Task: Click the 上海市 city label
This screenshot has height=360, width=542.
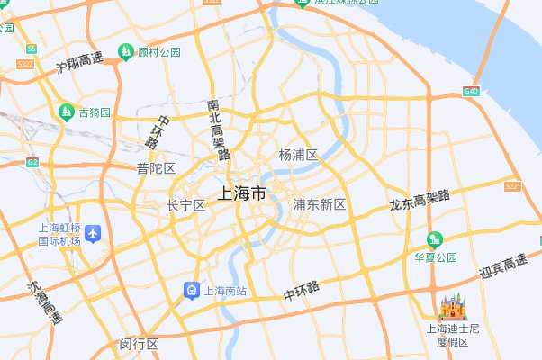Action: [242, 193]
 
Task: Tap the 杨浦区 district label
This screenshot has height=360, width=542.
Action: [298, 155]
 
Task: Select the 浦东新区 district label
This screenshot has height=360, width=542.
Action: [320, 205]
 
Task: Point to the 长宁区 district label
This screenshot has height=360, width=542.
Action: [186, 206]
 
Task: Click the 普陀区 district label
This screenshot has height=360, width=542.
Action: [156, 168]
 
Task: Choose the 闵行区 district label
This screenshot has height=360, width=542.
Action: [139, 344]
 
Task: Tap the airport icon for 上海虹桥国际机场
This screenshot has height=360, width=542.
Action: [93, 234]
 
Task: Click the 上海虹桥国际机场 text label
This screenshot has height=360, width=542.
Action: [59, 234]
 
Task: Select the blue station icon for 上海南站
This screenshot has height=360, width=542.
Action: [192, 291]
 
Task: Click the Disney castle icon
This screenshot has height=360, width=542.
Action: [451, 307]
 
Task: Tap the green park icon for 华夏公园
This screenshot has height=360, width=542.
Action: [435, 239]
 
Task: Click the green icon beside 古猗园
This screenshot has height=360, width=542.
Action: [66, 112]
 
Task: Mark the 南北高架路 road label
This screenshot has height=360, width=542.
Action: [218, 129]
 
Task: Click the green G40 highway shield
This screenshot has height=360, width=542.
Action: [471, 92]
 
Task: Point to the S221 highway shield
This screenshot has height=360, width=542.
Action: [513, 186]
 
